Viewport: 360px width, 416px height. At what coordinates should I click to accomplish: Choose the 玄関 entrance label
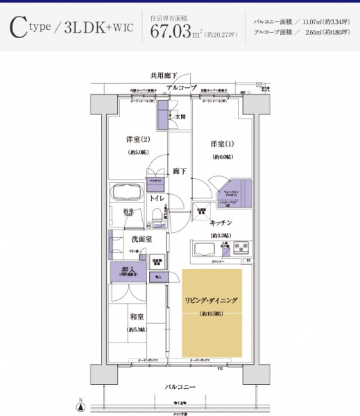180,116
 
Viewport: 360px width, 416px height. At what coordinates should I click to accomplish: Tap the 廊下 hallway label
179,170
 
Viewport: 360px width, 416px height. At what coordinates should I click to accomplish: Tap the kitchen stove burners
241,248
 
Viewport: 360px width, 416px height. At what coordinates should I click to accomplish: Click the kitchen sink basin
211,249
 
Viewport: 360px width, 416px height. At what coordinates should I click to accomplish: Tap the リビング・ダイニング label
212,300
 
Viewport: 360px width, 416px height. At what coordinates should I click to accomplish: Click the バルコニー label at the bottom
180,385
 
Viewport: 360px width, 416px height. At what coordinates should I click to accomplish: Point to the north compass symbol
81,406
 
